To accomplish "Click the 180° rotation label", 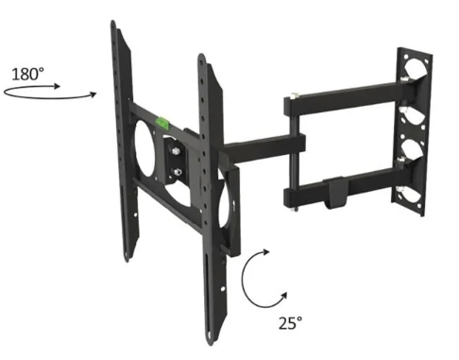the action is click(27, 74).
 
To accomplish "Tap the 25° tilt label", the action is click(290, 322).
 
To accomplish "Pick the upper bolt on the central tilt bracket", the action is click(176, 151).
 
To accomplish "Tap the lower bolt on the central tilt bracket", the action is click(178, 172).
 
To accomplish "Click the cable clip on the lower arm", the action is click(335, 193).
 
